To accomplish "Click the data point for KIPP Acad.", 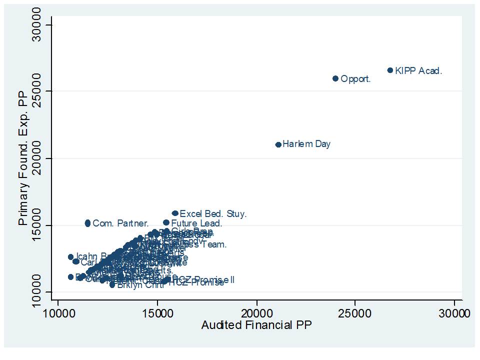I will [390, 70].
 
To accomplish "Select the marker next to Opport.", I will [335, 78].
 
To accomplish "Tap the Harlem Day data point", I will [278, 144].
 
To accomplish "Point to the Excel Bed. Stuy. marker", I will [175, 213].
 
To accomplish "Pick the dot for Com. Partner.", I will [87, 223].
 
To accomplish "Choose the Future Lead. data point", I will [166, 222].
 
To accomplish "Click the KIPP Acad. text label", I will [418, 71].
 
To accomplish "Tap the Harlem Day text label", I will [306, 144].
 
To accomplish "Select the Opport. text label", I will [355, 79].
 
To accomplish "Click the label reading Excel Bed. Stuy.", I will [213, 214].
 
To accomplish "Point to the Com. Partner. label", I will [120, 223].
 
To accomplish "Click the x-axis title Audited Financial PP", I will [256, 325].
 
